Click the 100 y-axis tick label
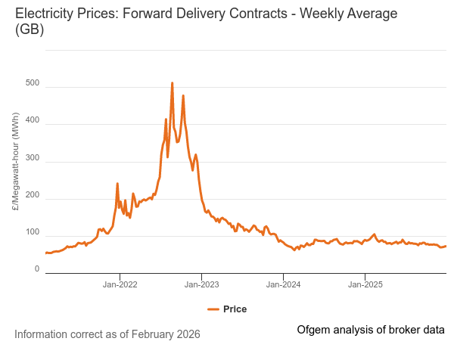[32, 232]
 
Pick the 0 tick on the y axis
[36, 268]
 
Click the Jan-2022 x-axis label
[120, 285]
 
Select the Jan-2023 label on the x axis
[201, 285]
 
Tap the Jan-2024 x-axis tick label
[283, 285]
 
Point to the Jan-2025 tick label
[365, 285]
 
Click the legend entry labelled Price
[235, 309]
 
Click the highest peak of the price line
[172, 83]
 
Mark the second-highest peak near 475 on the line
[183, 96]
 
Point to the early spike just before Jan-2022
[117, 184]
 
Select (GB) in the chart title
[29, 30]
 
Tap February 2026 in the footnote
[166, 334]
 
